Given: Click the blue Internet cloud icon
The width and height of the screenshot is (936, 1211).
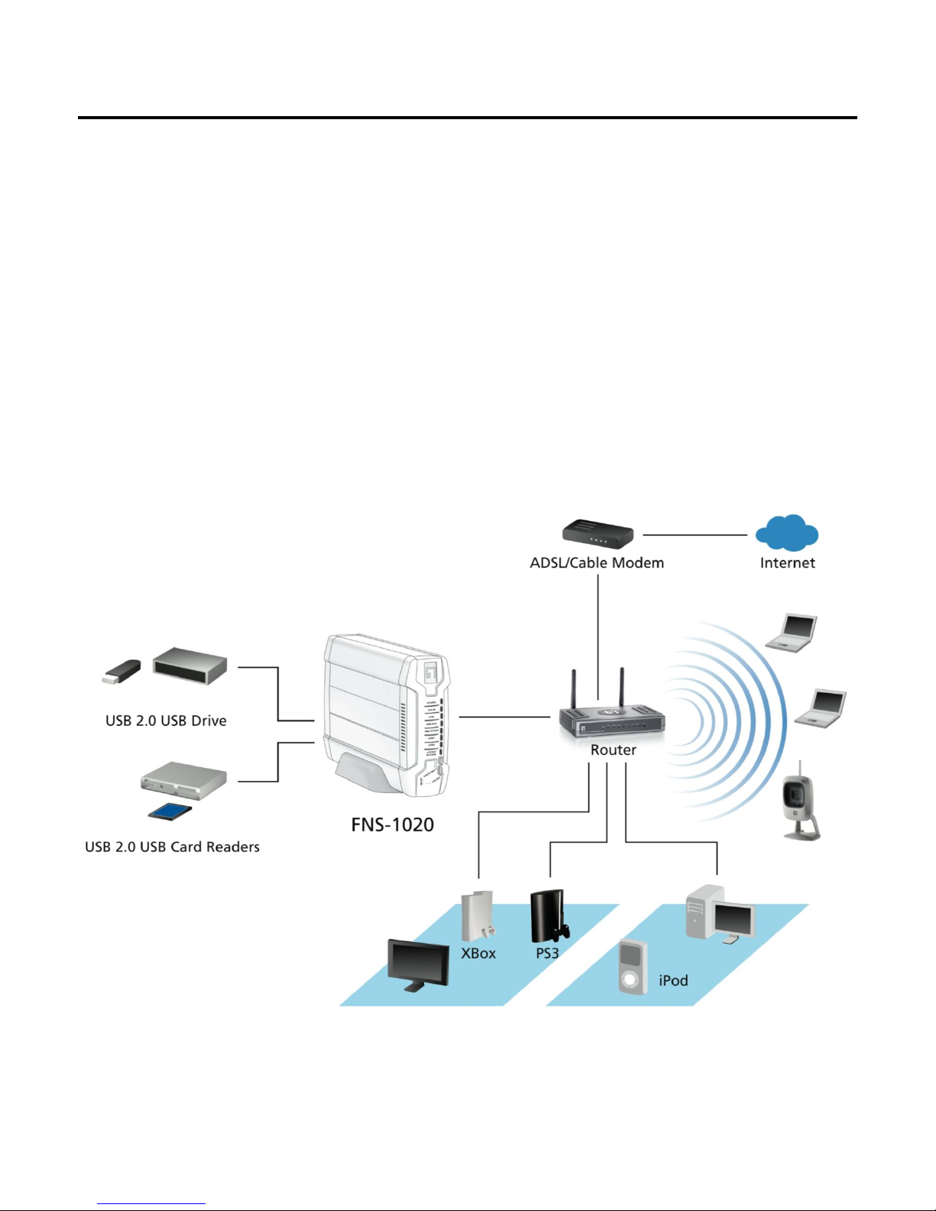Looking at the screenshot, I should (x=787, y=533).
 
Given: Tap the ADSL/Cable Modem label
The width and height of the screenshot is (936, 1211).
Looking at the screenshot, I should (x=597, y=563).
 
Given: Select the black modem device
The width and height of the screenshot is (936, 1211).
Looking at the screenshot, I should (x=598, y=533).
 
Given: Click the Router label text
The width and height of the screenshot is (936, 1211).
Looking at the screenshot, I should (x=613, y=750).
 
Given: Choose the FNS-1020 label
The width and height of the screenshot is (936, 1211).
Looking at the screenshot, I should (x=392, y=825).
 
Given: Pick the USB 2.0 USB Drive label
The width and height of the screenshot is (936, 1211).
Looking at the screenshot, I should (x=166, y=720).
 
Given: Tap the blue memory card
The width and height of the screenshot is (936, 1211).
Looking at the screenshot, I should (x=169, y=811).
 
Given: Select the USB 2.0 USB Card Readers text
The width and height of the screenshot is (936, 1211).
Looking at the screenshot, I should (x=172, y=847).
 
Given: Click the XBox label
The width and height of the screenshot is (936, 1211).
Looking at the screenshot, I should (x=478, y=954).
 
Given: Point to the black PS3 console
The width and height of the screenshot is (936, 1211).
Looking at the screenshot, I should (x=548, y=917).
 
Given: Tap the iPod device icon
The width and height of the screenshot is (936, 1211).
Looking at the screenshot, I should (x=633, y=967).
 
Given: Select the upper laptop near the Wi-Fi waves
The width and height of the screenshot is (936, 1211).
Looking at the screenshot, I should (x=792, y=633).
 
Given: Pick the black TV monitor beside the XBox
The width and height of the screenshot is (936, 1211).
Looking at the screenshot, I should (x=418, y=964).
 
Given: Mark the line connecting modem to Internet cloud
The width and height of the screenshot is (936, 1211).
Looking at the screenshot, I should (x=695, y=535).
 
